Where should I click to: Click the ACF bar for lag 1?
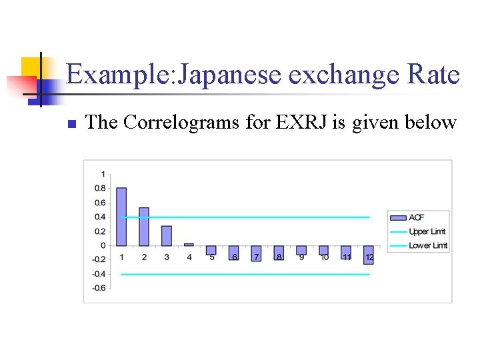click(121, 217)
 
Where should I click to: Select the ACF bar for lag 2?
click(144, 227)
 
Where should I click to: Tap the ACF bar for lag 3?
click(167, 235)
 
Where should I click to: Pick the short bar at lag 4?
click(189, 245)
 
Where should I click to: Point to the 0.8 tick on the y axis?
click(99, 189)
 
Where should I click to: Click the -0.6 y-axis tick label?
click(98, 288)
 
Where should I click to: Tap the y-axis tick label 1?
click(102, 174)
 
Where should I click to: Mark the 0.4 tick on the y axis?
click(99, 217)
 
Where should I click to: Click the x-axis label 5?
click(212, 257)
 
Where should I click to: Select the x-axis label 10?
click(324, 257)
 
